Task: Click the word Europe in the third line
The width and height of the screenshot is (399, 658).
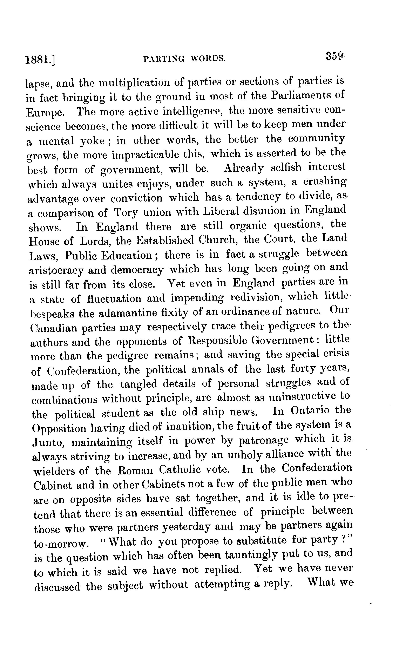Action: point(44,112)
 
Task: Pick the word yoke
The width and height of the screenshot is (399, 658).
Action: point(92,141)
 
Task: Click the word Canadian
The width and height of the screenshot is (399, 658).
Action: point(53,328)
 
